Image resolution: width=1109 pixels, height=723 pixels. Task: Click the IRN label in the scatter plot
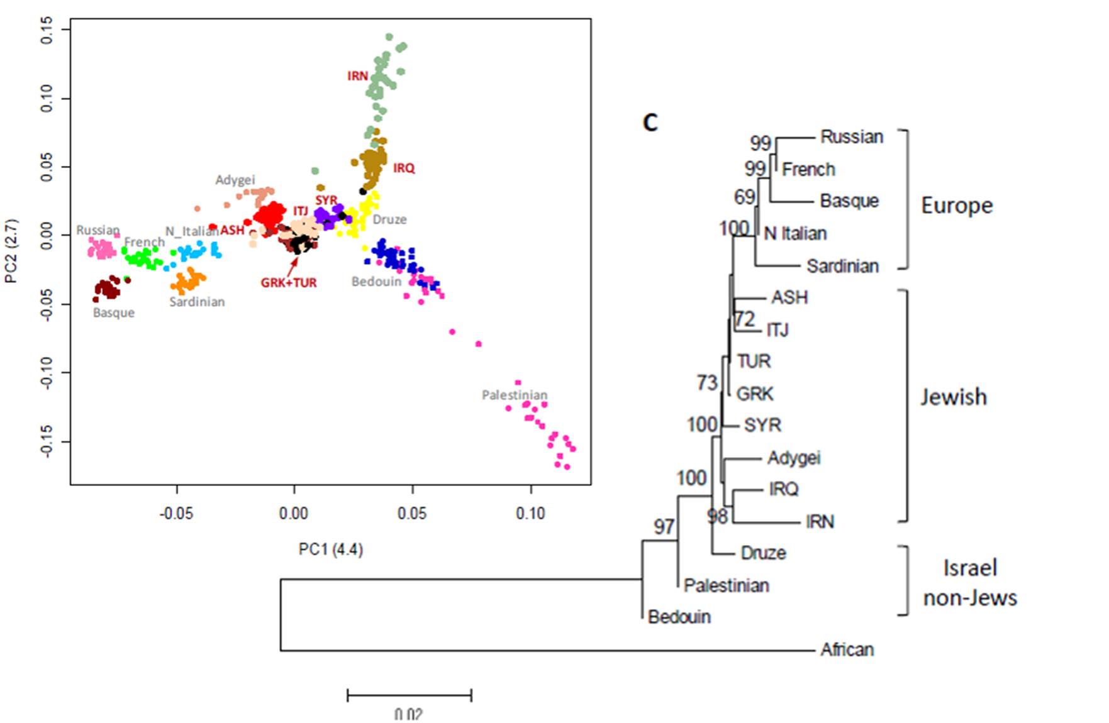(x=357, y=76)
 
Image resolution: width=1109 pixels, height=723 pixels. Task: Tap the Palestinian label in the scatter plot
(x=515, y=395)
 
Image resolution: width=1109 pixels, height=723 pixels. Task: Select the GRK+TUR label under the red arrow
(x=289, y=283)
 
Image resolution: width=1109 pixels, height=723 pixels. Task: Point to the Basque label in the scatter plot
(x=114, y=312)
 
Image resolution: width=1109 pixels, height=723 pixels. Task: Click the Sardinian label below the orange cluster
(x=197, y=302)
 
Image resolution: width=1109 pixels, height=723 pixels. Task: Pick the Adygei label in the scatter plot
(x=235, y=180)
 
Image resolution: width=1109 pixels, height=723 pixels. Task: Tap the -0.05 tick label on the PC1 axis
(x=176, y=514)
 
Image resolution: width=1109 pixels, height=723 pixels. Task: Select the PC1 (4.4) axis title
(x=331, y=549)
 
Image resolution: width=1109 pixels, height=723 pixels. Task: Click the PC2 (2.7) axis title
(x=11, y=251)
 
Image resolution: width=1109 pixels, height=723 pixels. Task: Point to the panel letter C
(x=650, y=122)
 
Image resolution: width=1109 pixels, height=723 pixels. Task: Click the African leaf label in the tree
(x=847, y=649)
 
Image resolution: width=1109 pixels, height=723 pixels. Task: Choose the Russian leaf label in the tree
(x=852, y=137)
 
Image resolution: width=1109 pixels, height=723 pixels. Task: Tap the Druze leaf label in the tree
(x=763, y=553)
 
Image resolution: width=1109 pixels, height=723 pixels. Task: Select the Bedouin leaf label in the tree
(x=679, y=617)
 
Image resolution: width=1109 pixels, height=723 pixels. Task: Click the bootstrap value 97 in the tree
(x=664, y=526)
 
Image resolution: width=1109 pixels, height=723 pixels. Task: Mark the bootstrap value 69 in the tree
(x=745, y=197)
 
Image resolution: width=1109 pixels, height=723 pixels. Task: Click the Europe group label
(x=957, y=206)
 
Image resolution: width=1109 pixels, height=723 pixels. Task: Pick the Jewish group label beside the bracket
(x=954, y=397)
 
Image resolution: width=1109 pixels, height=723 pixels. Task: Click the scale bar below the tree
(x=410, y=695)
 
